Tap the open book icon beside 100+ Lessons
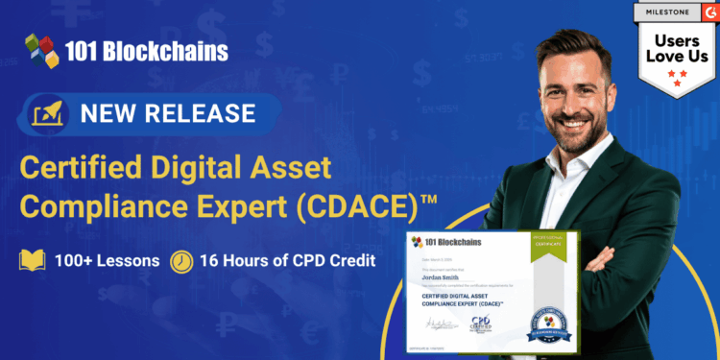[33, 261]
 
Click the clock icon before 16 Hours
[180, 261]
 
